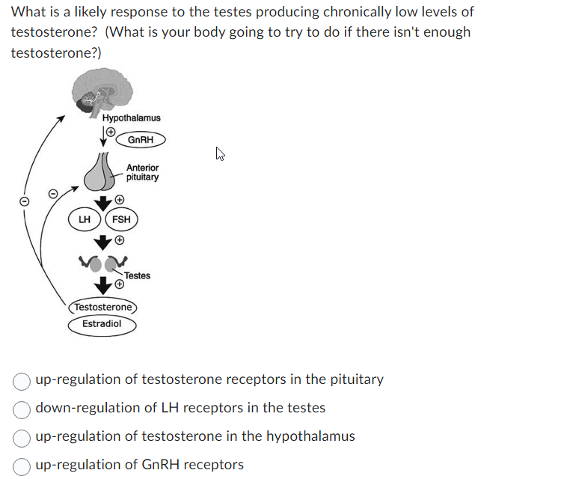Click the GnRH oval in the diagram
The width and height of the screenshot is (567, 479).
(x=141, y=139)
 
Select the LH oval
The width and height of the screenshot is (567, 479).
(x=85, y=219)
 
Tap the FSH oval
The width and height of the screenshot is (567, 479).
(x=121, y=219)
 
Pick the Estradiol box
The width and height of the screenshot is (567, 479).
(x=102, y=324)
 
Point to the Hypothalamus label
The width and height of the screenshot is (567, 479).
(x=131, y=118)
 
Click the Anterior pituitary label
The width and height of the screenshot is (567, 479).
(x=142, y=173)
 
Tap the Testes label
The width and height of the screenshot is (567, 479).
(x=137, y=275)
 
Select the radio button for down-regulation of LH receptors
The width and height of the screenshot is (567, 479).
(x=23, y=409)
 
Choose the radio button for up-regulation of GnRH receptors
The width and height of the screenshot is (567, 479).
(x=23, y=466)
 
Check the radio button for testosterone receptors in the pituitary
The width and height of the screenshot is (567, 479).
(x=23, y=380)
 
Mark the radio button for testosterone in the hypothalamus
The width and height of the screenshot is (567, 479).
(x=23, y=437)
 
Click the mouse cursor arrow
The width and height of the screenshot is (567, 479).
(x=221, y=155)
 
